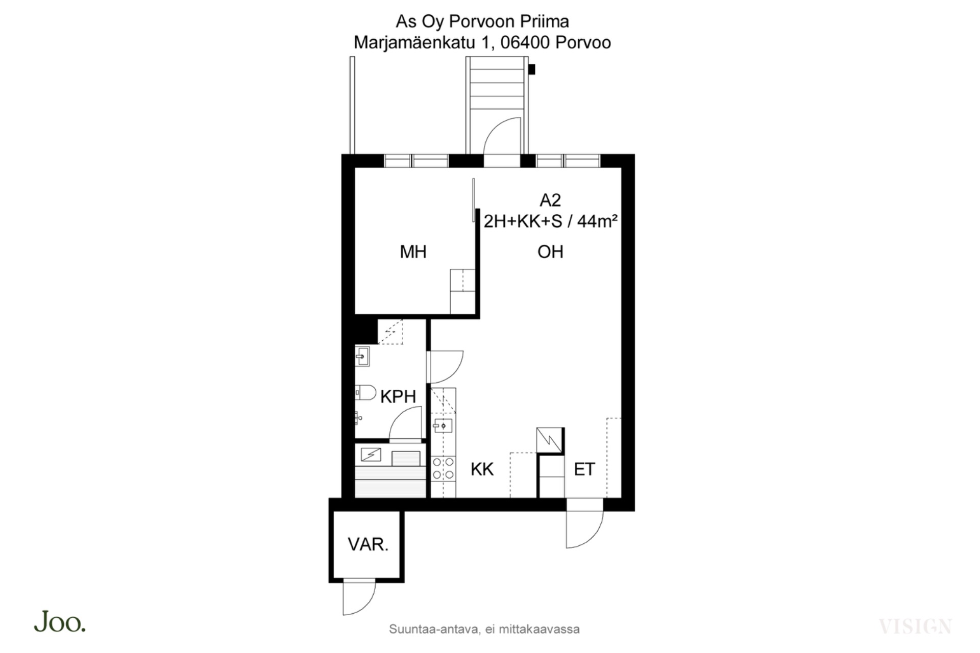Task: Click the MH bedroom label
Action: click(x=413, y=252)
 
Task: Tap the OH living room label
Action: click(x=550, y=252)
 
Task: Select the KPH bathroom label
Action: click(x=398, y=396)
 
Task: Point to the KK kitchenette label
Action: click(x=482, y=469)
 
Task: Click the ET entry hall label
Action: click(x=584, y=469)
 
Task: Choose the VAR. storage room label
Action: click(x=368, y=544)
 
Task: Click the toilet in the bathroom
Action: click(x=365, y=392)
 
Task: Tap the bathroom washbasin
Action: click(x=362, y=356)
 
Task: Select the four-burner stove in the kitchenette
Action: click(x=444, y=468)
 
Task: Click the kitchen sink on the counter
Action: click(x=443, y=425)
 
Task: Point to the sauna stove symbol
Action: click(x=371, y=454)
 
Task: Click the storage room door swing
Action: click(x=359, y=598)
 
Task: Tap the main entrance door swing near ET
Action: click(x=585, y=529)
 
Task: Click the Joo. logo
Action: click(x=60, y=622)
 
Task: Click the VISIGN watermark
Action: click(x=915, y=626)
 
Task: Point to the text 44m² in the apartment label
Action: click(x=597, y=221)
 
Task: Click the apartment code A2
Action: click(x=550, y=200)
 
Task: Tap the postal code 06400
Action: click(x=525, y=42)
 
